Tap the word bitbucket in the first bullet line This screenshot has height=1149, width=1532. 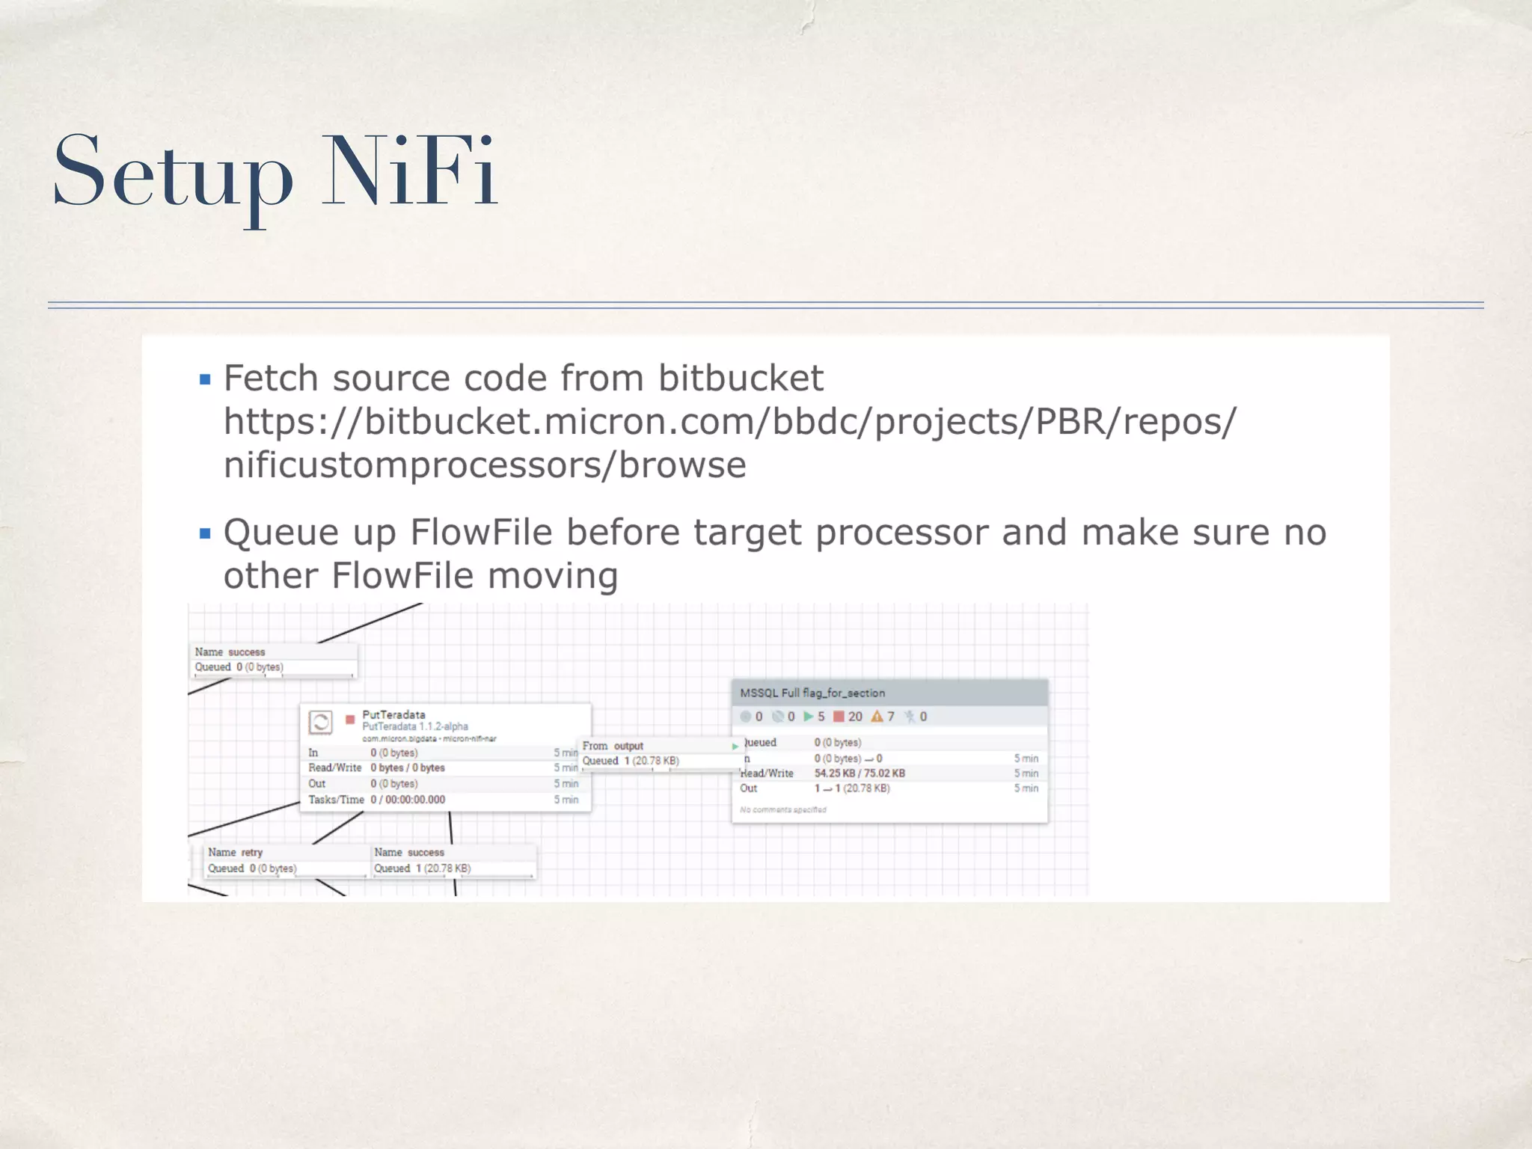click(x=741, y=378)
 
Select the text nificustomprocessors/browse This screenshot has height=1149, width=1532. click(x=485, y=465)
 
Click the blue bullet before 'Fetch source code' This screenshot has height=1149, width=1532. click(x=205, y=380)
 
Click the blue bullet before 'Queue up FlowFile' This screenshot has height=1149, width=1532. click(x=205, y=534)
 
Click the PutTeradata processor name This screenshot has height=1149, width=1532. click(x=393, y=714)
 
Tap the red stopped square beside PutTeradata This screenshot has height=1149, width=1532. click(x=349, y=720)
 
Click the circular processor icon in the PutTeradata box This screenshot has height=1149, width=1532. click(x=320, y=722)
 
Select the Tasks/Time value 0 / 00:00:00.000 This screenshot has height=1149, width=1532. click(x=408, y=800)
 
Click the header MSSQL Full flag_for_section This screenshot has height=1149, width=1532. click(x=812, y=693)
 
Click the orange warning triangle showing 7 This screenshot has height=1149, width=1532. click(x=877, y=717)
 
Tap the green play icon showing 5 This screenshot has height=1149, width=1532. click(x=808, y=717)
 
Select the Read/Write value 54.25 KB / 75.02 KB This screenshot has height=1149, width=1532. click(x=860, y=773)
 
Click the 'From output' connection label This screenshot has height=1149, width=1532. click(x=613, y=746)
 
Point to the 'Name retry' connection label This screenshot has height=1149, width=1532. click(x=235, y=852)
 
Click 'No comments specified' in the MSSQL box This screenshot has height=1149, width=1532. click(x=783, y=809)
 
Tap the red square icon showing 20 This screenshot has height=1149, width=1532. click(x=839, y=717)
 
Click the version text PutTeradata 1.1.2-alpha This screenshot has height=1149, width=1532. click(x=415, y=726)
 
